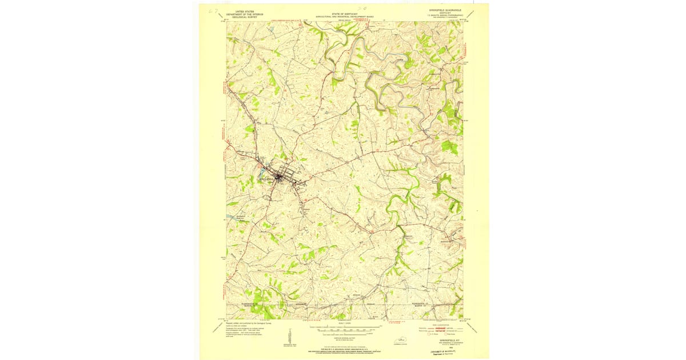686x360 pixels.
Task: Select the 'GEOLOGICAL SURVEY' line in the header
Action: [241, 17]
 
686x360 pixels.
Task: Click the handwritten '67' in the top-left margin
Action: [213, 10]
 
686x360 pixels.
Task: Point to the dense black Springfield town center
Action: [278, 178]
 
